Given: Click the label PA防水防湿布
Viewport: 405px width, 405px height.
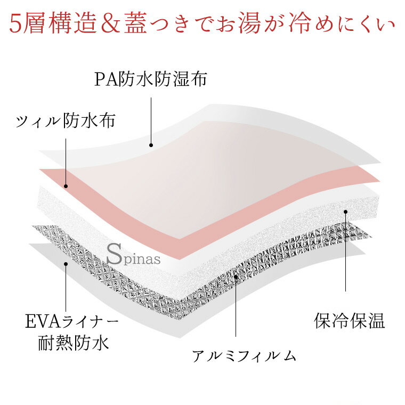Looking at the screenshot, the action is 151,79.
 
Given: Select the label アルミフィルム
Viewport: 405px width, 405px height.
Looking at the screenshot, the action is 244,356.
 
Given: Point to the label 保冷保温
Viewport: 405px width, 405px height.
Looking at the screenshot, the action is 349,321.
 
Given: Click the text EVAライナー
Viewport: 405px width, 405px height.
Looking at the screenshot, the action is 72,321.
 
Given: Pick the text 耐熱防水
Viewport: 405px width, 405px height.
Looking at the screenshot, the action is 74,343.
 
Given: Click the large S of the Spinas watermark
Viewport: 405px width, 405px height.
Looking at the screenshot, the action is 114,254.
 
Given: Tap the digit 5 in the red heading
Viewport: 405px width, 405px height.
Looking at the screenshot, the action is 15,25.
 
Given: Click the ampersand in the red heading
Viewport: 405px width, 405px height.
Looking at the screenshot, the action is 110,25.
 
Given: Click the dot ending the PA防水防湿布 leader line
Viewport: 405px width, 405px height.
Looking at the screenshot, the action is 151,145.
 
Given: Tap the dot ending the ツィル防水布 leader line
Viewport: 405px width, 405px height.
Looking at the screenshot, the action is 66,186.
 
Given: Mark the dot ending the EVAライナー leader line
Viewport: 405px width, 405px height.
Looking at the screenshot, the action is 66,264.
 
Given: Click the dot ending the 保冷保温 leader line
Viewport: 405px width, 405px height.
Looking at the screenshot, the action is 346,212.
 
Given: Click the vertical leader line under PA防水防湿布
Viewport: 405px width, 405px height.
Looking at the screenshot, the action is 151,120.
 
